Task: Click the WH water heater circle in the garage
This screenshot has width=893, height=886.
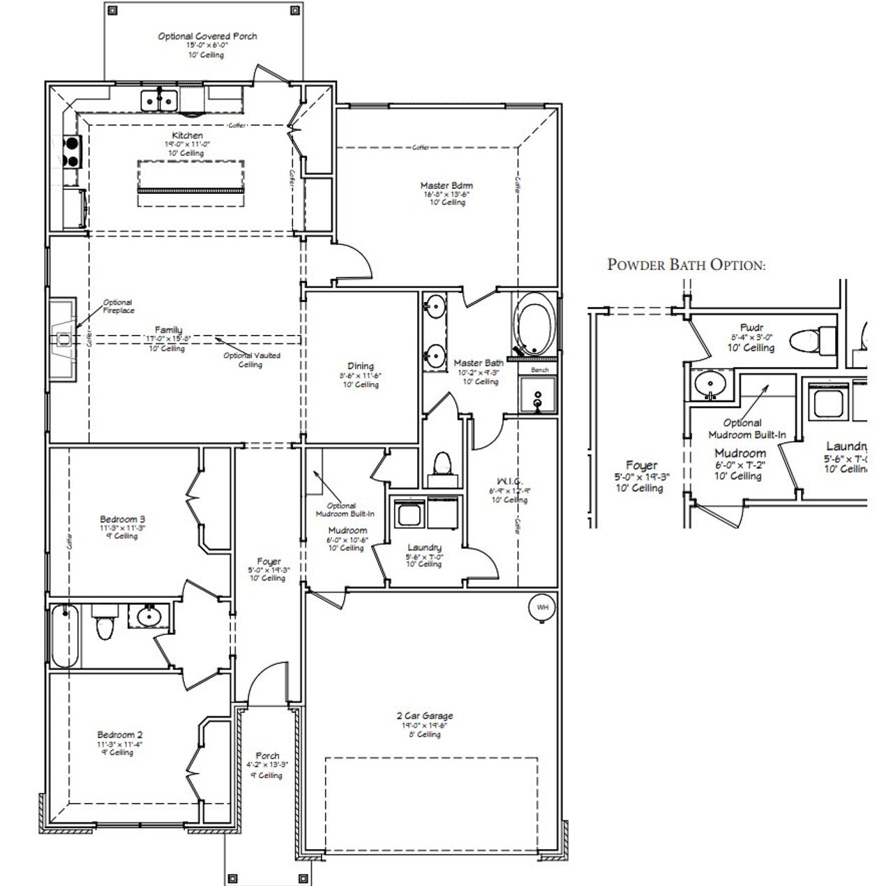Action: coord(542,608)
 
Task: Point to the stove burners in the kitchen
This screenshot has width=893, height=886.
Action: coord(72,152)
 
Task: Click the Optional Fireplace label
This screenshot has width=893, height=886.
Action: coord(118,306)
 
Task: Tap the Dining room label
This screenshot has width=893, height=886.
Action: coord(361,366)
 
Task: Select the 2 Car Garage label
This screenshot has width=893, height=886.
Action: coord(425,716)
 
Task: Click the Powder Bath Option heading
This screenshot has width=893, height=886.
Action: coord(686,265)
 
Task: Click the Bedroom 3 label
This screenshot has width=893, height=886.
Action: coord(122,519)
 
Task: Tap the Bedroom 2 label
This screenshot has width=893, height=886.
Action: coord(120,735)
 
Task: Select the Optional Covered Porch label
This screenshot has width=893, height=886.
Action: coord(207,36)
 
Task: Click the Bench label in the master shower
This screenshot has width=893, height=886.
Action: coord(539,370)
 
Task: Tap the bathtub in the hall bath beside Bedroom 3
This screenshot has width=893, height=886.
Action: coord(64,636)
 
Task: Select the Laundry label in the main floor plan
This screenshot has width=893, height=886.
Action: coord(424,548)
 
